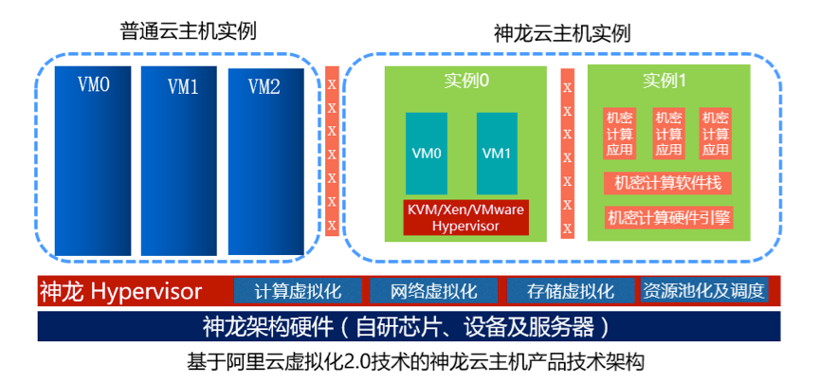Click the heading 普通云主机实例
click(189, 30)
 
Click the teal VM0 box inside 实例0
click(426, 153)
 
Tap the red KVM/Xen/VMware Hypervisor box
click(464, 217)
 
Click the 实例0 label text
click(465, 81)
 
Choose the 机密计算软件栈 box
click(668, 182)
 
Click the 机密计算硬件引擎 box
click(668, 217)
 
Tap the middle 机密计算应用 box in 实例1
click(668, 133)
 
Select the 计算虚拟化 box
click(298, 290)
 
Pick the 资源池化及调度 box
click(702, 290)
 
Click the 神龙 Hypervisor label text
click(120, 290)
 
